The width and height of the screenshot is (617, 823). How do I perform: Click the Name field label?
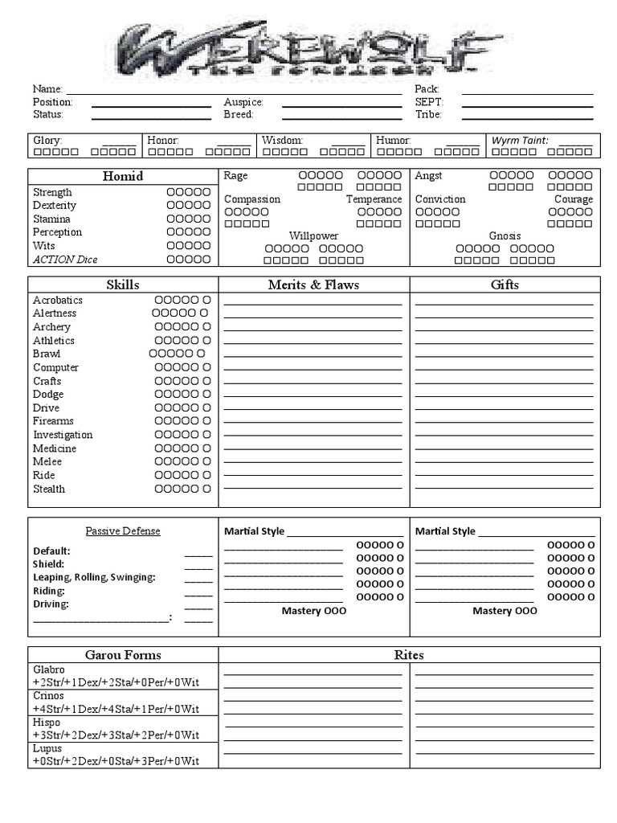click(x=47, y=89)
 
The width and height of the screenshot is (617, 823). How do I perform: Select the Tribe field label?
click(x=428, y=115)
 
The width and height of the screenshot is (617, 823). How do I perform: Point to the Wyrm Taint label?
click(x=520, y=141)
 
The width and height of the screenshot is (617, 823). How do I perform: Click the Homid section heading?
click(x=123, y=176)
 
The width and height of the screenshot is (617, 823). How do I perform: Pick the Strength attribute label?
click(x=52, y=192)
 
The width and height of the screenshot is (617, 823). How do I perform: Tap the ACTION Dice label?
click(x=65, y=260)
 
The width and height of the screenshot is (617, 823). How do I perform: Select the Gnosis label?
click(x=505, y=236)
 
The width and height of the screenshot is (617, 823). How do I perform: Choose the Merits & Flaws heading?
click(x=313, y=285)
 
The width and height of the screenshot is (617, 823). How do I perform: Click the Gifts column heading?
click(x=505, y=285)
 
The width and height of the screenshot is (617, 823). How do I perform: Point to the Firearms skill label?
click(x=53, y=421)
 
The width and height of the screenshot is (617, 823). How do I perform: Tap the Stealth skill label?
click(x=49, y=489)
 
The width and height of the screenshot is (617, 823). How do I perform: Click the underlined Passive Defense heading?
click(x=123, y=531)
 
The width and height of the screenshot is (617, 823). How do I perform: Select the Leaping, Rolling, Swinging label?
click(x=94, y=578)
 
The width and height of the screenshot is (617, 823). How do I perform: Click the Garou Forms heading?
click(x=123, y=655)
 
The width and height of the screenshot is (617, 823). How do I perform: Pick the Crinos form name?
click(x=48, y=696)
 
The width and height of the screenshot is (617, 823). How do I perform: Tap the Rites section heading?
click(x=409, y=655)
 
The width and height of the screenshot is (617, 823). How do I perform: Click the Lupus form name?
click(x=47, y=748)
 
